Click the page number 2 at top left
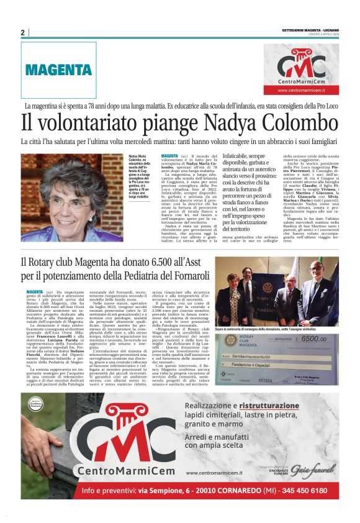pyautogui.click(x=22, y=33)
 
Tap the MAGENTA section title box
pyautogui.click(x=59, y=70)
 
